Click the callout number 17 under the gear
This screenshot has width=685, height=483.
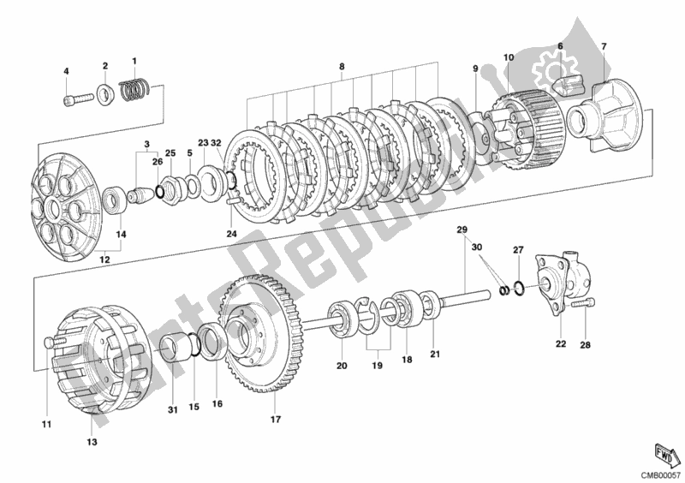coord(276,419)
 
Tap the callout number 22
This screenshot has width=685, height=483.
coord(559,345)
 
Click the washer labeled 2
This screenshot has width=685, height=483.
coord(105,90)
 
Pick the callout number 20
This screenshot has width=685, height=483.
coord(341,366)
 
